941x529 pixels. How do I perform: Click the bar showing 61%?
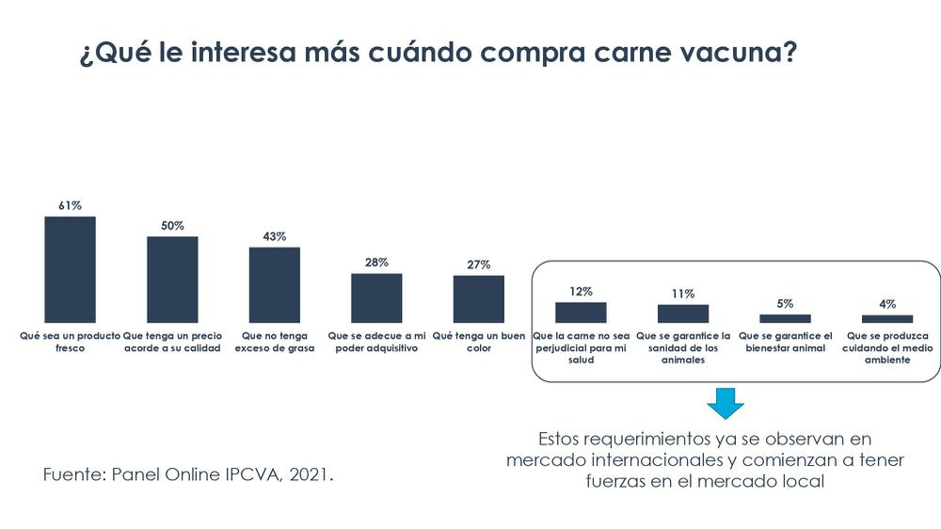click(x=71, y=269)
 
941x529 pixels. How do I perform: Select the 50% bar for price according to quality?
click(x=172, y=280)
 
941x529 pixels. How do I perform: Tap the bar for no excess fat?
click(x=274, y=285)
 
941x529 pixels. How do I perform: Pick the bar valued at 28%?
click(x=376, y=298)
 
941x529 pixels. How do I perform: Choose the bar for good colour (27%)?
click(x=478, y=299)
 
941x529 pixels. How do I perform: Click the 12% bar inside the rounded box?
click(x=581, y=313)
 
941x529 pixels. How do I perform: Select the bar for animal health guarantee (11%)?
click(x=683, y=313)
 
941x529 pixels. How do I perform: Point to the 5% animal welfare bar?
click(x=785, y=318)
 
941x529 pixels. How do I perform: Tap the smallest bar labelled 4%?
click(x=887, y=319)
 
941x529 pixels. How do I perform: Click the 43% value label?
click(x=274, y=236)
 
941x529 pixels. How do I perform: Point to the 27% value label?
click(x=478, y=264)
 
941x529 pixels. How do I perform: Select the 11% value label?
click(x=683, y=294)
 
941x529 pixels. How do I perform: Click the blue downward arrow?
click(x=726, y=402)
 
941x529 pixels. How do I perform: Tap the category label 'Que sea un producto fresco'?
click(x=71, y=342)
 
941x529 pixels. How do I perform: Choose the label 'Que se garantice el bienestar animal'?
click(x=785, y=342)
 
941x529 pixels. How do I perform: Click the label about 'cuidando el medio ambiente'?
click(x=887, y=347)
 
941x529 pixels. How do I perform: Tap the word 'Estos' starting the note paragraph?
click(x=559, y=439)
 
